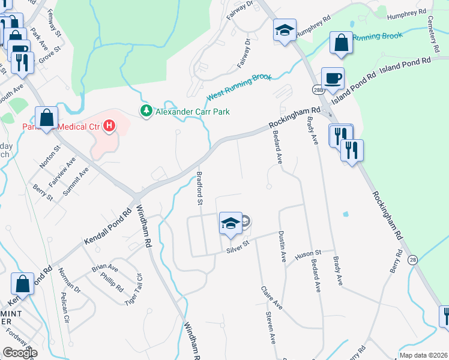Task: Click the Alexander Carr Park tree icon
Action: click(145, 111)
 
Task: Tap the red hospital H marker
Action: click(109, 126)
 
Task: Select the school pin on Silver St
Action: click(230, 224)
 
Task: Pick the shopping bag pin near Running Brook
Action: click(341, 43)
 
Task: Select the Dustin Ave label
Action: click(282, 247)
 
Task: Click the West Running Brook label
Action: click(240, 88)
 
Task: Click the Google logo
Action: click(20, 353)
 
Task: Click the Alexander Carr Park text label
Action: click(192, 112)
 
